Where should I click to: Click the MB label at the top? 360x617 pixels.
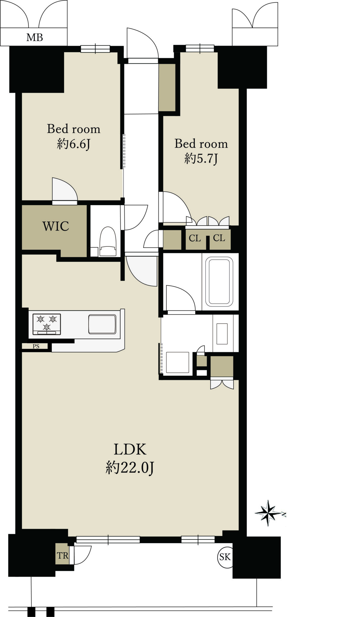pos(35,38)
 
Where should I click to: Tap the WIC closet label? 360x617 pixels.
pos(56,226)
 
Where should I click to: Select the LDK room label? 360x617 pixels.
pos(130,449)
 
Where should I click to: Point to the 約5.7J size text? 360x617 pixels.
pos(201,158)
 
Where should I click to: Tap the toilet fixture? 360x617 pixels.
pos(108,242)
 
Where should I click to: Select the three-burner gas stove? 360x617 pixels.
pos(47,324)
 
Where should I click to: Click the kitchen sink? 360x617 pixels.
pos(102,324)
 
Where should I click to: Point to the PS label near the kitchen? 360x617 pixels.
pos(36,346)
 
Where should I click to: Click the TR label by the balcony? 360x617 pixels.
pos(63,556)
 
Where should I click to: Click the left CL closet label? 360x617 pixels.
pos(195,238)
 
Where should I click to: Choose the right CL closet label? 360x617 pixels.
pos(219,238)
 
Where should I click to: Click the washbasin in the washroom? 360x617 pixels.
pos(222,334)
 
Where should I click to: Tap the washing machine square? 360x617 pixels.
pos(178,362)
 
